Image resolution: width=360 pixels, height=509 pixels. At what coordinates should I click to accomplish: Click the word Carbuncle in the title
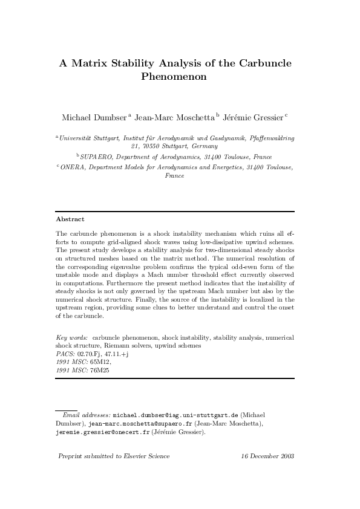[x=265, y=63]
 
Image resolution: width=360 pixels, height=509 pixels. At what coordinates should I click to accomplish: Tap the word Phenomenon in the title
[x=174, y=77]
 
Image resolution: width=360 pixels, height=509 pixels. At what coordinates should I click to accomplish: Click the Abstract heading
[x=70, y=219]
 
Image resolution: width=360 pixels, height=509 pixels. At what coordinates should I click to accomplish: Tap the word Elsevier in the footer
[x=135, y=456]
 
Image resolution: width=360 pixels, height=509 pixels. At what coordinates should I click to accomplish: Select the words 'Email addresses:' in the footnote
[x=87, y=417]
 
